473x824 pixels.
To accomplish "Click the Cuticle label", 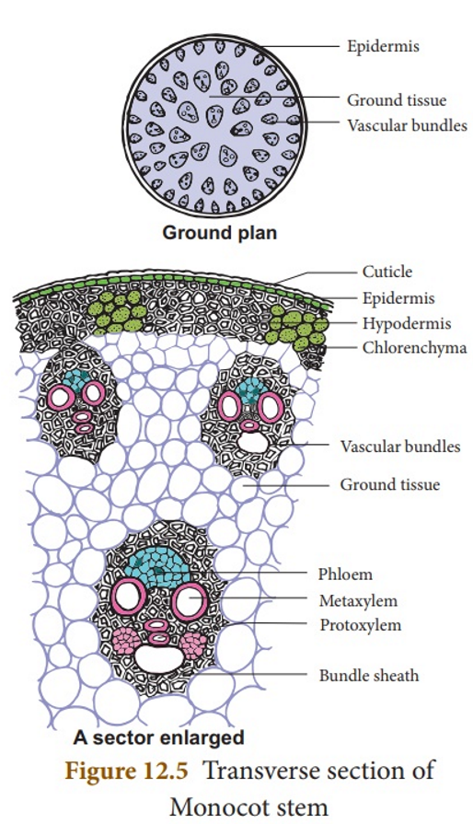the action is pyautogui.click(x=386, y=272).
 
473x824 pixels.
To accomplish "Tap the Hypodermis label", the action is pyautogui.click(x=407, y=322).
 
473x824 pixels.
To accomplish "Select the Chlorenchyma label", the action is pyautogui.click(x=414, y=347).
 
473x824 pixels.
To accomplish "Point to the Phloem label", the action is pyautogui.click(x=345, y=574).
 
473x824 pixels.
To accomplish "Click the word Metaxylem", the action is pyautogui.click(x=358, y=600).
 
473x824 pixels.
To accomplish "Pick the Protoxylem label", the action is pyautogui.click(x=361, y=625).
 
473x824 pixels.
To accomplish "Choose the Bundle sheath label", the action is pyautogui.click(x=369, y=675).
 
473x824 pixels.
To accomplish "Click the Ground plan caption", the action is pyautogui.click(x=219, y=232).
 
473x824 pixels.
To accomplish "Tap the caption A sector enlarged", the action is pyautogui.click(x=158, y=737).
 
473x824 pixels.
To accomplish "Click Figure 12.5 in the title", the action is pyautogui.click(x=126, y=771).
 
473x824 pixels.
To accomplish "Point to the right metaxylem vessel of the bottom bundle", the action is pyautogui.click(x=190, y=599).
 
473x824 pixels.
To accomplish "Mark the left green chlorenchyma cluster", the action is pyautogui.click(x=117, y=311).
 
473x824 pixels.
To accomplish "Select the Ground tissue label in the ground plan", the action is pyautogui.click(x=397, y=99).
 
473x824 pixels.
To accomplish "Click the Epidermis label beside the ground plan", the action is pyautogui.click(x=383, y=46).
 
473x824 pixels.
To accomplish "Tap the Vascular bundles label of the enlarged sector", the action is pyautogui.click(x=400, y=447).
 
